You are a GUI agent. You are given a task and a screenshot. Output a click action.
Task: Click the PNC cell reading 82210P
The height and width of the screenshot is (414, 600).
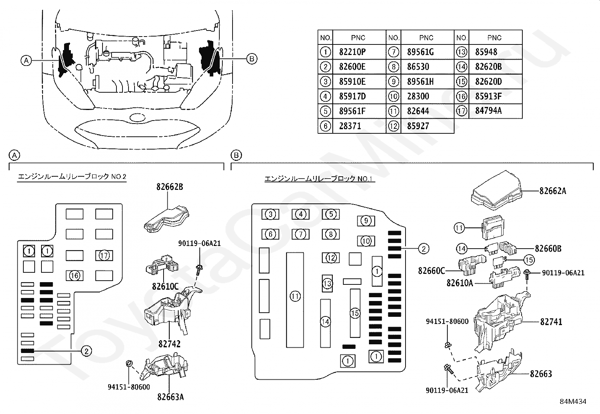tap(352, 52)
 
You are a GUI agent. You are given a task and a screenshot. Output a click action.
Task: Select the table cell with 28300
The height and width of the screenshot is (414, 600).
tap(418, 96)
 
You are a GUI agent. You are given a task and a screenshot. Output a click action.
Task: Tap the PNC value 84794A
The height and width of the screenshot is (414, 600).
tap(488, 111)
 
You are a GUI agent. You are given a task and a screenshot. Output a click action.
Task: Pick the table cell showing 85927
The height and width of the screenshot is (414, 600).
tap(418, 126)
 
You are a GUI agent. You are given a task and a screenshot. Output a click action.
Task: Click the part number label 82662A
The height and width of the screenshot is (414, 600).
tap(553, 191)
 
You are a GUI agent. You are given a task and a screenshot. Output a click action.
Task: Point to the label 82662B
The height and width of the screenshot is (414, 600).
tap(170, 187)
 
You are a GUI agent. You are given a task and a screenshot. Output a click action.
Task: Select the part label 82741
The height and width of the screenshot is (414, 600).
tap(551, 322)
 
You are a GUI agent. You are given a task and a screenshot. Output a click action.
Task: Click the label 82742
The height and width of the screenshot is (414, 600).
tap(169, 344)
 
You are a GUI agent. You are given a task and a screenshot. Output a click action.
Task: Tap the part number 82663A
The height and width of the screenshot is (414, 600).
tap(171, 397)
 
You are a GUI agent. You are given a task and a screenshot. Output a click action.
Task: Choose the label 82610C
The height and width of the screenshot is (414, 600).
tap(165, 287)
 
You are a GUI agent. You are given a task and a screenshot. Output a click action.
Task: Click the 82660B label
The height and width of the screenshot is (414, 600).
tap(548, 249)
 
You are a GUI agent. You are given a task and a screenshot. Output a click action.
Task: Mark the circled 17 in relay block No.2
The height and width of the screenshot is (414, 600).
tap(104, 255)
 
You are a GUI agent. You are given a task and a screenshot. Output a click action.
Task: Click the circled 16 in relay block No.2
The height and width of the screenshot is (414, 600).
tap(75, 275)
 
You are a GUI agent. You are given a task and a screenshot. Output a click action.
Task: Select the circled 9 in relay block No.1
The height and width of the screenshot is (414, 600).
tap(366, 221)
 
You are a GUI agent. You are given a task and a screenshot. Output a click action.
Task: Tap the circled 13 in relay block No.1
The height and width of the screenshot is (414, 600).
tap(327, 284)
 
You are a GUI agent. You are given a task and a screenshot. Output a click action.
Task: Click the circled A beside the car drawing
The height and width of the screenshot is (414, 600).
tap(26, 61)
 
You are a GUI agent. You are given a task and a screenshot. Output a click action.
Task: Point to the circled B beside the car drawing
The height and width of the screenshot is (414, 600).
tap(251, 59)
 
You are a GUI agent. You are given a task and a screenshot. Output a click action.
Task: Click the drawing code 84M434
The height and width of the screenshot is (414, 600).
tap(573, 402)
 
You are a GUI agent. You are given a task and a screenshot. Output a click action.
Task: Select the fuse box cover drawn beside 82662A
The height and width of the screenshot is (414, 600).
tap(496, 190)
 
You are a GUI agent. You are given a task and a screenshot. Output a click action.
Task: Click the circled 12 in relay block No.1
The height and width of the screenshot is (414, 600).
tap(331, 258)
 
